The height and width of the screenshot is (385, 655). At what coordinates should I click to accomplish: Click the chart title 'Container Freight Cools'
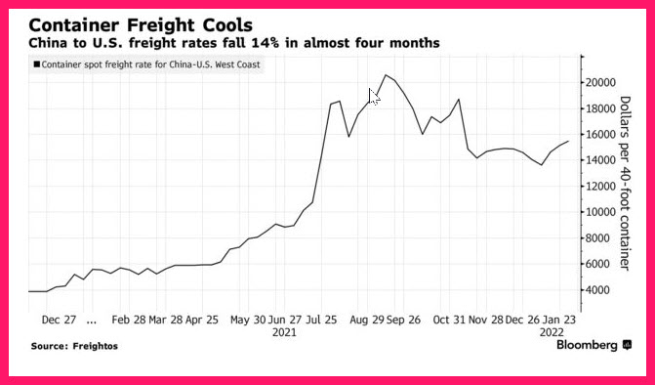[141, 25]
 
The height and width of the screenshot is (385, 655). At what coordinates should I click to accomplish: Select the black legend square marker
[37, 64]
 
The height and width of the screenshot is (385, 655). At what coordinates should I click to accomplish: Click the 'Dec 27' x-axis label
[59, 321]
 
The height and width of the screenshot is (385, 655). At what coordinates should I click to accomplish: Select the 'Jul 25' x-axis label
[322, 321]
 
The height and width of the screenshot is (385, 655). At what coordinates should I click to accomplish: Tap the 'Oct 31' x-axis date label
[449, 321]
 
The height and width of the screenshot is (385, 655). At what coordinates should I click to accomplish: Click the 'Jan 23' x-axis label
[559, 321]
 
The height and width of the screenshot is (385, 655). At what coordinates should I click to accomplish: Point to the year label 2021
[284, 333]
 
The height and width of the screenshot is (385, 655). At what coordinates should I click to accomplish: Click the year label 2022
[552, 333]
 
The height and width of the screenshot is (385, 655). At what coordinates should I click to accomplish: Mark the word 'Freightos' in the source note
[96, 346]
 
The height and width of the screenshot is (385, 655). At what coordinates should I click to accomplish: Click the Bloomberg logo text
[587, 345]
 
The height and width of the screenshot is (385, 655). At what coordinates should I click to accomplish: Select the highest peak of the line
[386, 75]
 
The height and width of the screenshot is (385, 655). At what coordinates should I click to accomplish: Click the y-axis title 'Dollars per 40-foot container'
[625, 183]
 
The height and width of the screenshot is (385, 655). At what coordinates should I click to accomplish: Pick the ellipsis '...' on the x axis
[92, 322]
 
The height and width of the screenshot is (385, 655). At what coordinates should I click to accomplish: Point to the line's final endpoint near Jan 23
[568, 142]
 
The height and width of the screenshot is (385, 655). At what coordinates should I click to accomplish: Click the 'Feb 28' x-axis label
[129, 321]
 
